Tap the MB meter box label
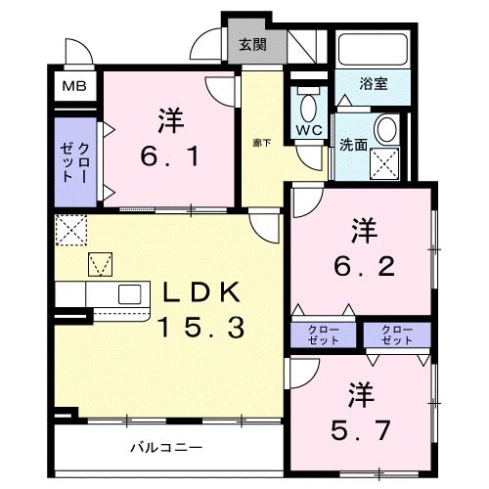click(73, 86)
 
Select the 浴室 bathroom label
click(373, 84)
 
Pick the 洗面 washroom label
click(354, 145)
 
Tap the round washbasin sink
click(385, 129)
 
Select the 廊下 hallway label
click(262, 142)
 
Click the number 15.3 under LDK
click(197, 329)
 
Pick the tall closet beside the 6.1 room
click(73, 162)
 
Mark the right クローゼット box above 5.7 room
click(395, 334)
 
